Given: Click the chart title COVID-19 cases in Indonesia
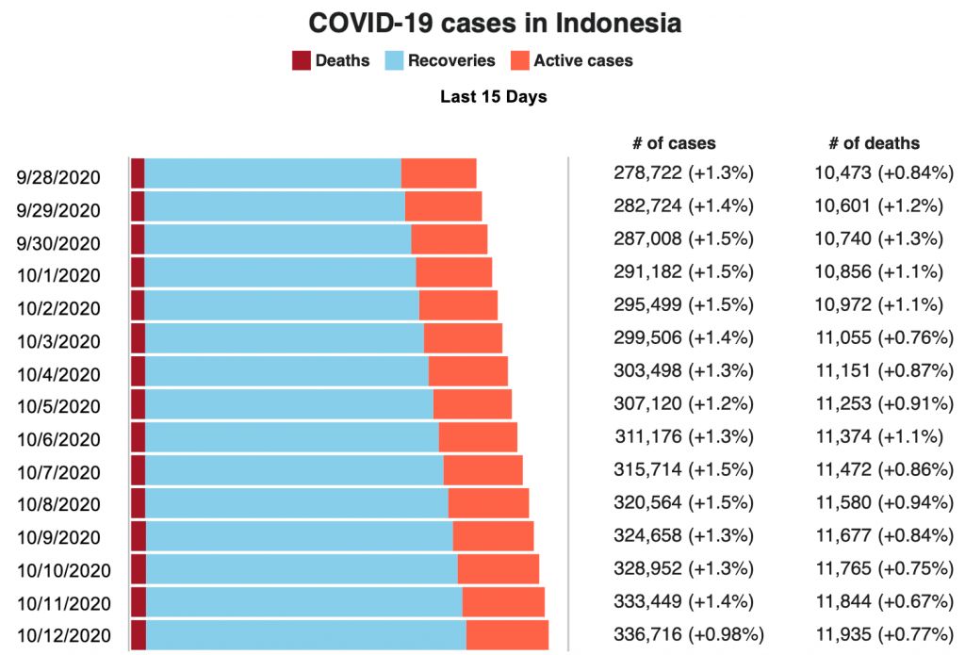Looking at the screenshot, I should pos(495,24).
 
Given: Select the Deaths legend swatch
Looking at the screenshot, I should pos(302,61).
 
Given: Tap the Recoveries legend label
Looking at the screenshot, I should pos(451,61).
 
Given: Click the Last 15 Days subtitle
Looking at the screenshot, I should pos(493,96).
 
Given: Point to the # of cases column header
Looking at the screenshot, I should pos(674,143).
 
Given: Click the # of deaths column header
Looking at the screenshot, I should pos(874,143).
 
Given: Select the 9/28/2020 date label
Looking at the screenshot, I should pos(58,177).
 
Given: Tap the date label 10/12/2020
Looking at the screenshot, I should pos(64,635).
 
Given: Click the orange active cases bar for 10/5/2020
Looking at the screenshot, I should pos(472,404).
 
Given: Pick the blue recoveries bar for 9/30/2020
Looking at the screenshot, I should pos(277,239).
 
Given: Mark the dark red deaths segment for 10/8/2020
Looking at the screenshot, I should pos(138,502).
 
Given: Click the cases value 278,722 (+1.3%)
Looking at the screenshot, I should pos(682,172).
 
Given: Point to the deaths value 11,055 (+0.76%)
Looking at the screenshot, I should pos(884,336).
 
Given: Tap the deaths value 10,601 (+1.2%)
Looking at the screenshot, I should pos(879,205).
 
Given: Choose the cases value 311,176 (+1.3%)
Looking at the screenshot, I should pos(682,435).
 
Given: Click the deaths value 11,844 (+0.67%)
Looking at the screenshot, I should pos(884,600).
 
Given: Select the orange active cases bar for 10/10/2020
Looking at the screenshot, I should pos(499,569).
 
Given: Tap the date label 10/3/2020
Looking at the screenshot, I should pos(58,341).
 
